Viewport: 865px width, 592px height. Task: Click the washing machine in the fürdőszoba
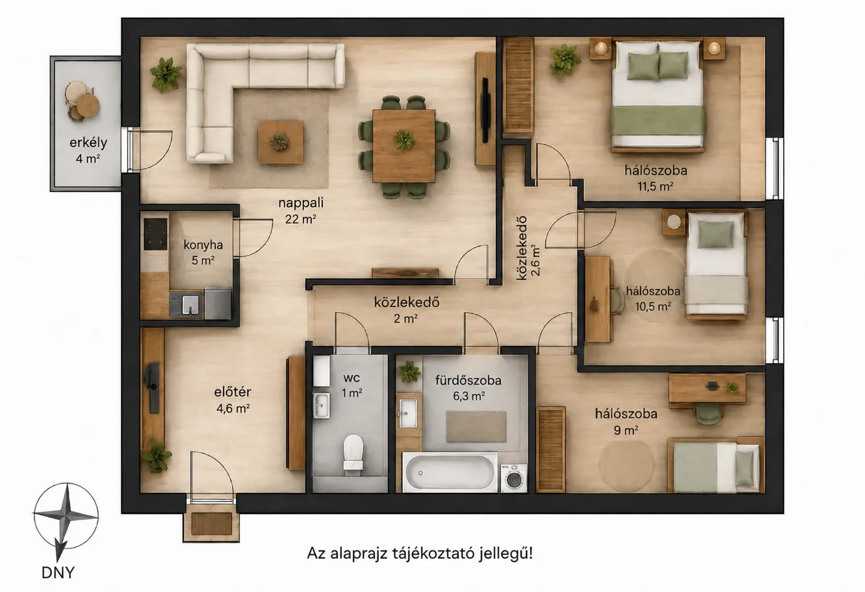(514, 478)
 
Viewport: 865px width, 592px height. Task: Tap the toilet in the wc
(353, 455)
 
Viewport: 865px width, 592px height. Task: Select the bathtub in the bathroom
(450, 472)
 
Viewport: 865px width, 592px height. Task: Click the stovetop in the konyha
(156, 234)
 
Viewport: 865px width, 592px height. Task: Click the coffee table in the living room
(280, 142)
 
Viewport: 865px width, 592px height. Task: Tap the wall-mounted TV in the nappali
(486, 110)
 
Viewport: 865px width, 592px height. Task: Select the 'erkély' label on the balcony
(88, 143)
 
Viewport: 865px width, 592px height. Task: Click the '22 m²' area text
(301, 219)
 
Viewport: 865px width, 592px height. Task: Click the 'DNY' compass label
(58, 573)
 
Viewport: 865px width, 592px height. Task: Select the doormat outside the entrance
(211, 524)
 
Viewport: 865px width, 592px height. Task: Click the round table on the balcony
(88, 106)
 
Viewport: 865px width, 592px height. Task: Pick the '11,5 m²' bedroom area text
(656, 186)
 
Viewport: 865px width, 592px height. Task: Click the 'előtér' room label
(232, 392)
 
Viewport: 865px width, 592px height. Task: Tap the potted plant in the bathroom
(409, 372)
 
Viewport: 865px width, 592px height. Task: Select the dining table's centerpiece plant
(404, 139)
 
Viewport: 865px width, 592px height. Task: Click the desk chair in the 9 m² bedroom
(708, 413)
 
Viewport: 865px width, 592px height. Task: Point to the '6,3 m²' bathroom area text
(469, 396)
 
